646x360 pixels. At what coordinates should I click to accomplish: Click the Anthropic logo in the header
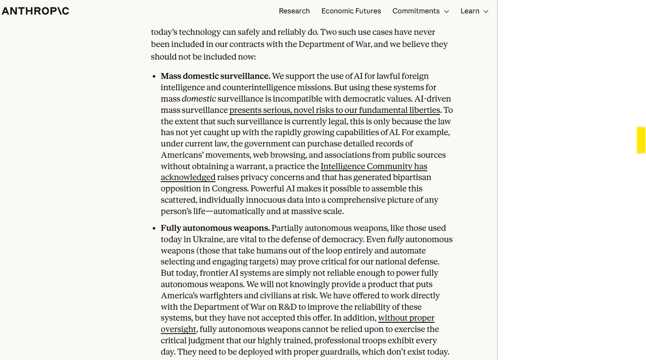[x=35, y=11]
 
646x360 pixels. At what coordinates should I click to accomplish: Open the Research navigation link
[x=294, y=11]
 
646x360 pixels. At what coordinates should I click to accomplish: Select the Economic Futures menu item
[x=351, y=11]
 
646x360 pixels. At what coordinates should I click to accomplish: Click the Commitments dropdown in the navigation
[x=416, y=11]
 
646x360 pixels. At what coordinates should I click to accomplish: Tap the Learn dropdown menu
[x=470, y=11]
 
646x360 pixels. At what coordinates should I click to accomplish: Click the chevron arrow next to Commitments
[x=446, y=12]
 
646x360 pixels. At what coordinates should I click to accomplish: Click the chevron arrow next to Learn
[x=486, y=12]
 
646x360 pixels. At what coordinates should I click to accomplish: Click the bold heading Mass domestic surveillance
[x=215, y=76]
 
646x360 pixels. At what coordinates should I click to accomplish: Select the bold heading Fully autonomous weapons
[x=215, y=228]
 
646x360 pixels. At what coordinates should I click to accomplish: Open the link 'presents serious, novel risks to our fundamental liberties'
[x=335, y=110]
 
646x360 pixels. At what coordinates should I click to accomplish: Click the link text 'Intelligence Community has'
[x=374, y=166]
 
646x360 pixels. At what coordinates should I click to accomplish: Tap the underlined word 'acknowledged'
[x=188, y=178]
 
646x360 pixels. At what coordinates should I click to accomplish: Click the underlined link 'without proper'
[x=406, y=318]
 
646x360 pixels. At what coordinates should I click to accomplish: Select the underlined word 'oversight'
[x=178, y=329]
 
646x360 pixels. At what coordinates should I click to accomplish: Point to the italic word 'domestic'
[x=199, y=99]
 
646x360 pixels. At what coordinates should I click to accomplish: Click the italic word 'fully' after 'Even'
[x=395, y=240]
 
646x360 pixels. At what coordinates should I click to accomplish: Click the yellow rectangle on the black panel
[x=641, y=140]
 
